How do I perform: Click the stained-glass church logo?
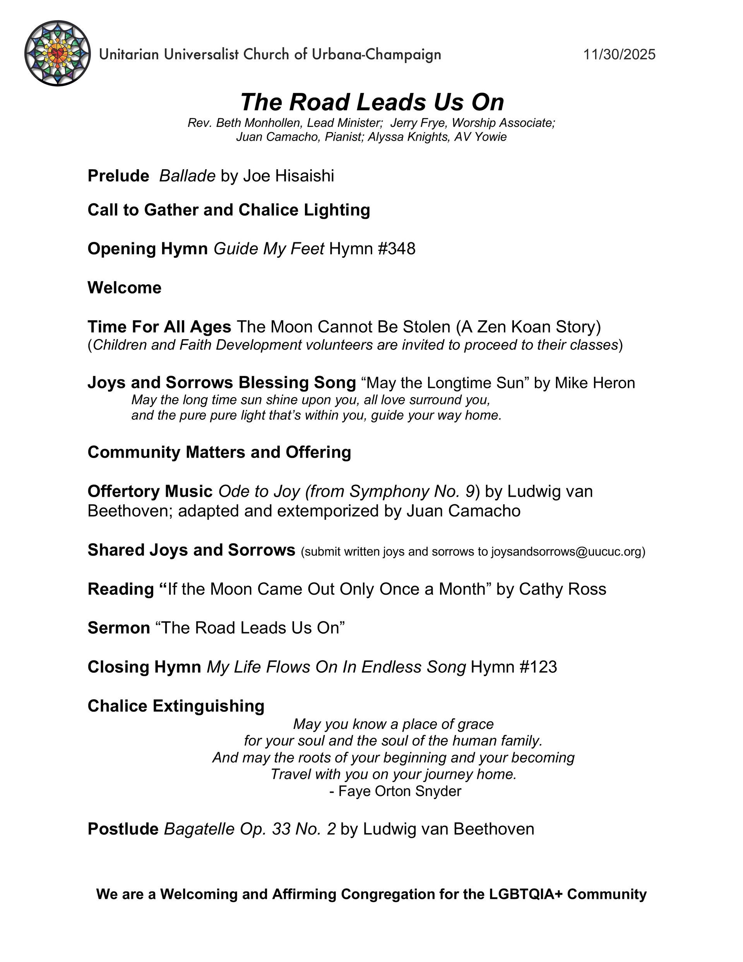point(57,53)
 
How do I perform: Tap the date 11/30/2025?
point(619,55)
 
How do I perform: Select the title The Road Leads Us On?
point(372,102)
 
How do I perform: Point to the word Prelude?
point(118,176)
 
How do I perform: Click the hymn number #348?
point(396,249)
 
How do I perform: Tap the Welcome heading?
point(125,288)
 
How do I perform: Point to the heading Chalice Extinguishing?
point(176,706)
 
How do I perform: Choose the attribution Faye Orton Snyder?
point(399,791)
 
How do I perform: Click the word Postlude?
point(123,829)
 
